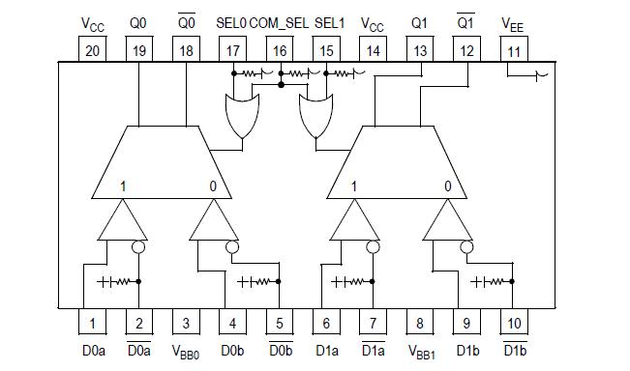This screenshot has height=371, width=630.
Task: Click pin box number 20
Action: pos(92,50)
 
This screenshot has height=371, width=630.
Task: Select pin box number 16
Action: pos(280,50)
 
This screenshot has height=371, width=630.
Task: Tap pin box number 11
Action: pos(515,50)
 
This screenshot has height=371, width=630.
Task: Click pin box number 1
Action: pos(92,323)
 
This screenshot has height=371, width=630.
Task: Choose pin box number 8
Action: pos(420,323)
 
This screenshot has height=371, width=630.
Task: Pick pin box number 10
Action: pos(514,323)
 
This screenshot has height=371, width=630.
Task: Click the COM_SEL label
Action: pos(278,20)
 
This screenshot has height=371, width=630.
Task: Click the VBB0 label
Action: pos(186,353)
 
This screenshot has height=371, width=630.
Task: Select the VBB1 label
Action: pos(420,353)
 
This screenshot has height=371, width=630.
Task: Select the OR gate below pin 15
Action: pos(315,114)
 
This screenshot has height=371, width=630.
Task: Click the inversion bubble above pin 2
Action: pos(137,246)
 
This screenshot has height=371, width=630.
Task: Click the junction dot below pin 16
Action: pos(280,84)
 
